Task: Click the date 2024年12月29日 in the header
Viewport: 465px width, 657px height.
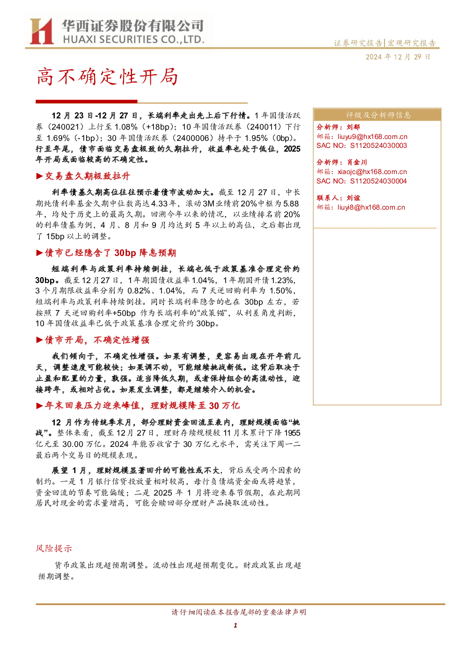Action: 398,57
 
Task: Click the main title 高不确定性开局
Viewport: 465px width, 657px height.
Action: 107,77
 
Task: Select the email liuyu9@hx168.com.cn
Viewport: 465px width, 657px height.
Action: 372,137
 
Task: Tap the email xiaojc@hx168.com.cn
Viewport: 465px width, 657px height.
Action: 372,172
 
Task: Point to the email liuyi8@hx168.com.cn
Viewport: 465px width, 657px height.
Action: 371,207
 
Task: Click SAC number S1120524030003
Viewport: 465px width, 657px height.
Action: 378,146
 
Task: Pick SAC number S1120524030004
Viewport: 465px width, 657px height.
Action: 378,181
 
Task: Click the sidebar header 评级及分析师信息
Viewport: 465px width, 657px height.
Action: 378,115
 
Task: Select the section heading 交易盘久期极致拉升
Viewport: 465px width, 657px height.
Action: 87,176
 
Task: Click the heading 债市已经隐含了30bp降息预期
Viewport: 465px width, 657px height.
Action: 111,253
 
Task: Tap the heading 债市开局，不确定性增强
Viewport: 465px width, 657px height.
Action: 97,340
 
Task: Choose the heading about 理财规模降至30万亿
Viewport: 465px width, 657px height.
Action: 142,406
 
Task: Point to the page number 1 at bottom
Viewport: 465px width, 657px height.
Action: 235,625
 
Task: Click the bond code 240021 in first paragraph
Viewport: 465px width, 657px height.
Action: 63,127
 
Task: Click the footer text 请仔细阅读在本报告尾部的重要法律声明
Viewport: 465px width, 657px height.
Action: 239,612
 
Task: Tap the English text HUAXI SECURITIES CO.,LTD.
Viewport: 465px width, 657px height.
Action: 133,39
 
